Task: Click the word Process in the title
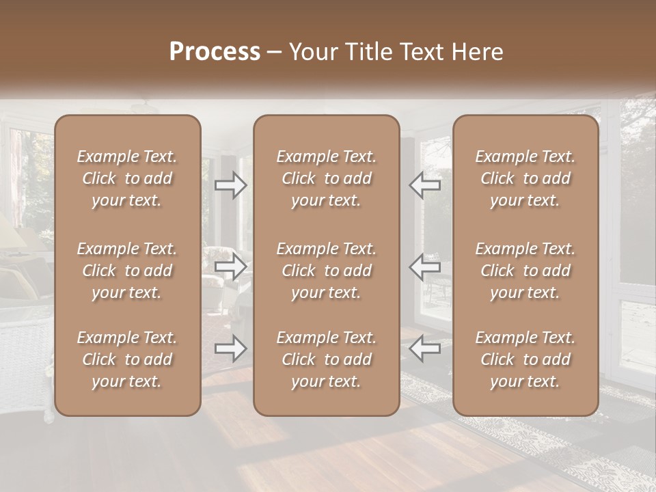point(215,52)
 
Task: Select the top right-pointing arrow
point(230,184)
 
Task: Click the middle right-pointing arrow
point(230,266)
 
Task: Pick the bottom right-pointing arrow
point(230,348)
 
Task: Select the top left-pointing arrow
point(425,184)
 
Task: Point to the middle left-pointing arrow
point(425,266)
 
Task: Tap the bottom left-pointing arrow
point(425,348)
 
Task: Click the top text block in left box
point(127,178)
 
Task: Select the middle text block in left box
point(127,271)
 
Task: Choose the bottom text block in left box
point(127,359)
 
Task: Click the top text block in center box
point(326,178)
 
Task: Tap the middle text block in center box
point(326,271)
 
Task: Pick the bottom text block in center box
point(326,359)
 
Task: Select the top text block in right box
point(525,178)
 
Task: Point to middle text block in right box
point(525,271)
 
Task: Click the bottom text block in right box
point(525,359)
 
